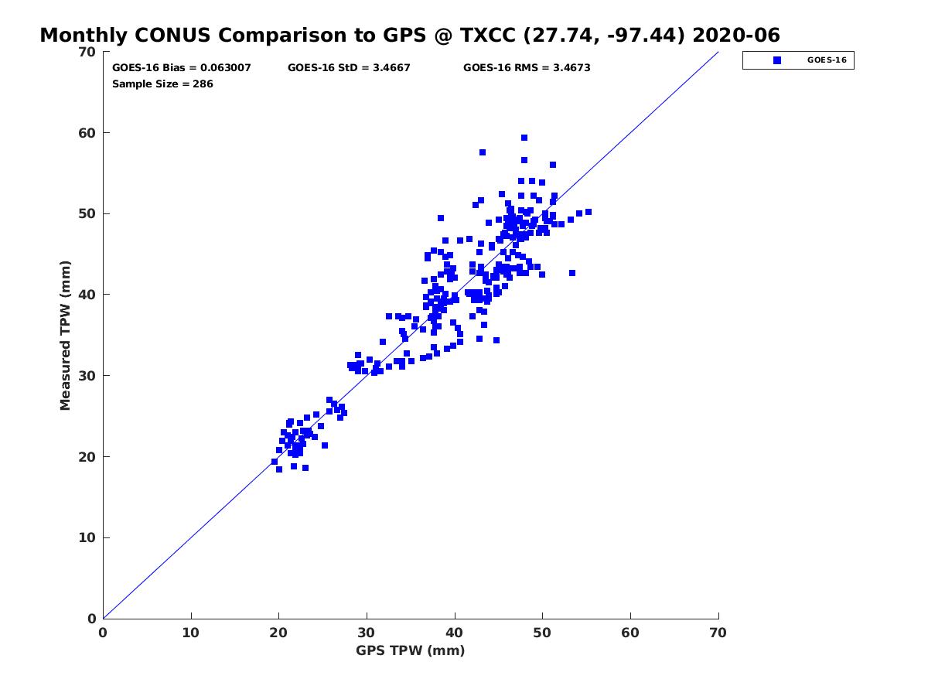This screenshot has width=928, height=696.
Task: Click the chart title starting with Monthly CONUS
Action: pos(409,36)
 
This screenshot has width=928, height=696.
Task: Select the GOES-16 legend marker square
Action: pos(776,60)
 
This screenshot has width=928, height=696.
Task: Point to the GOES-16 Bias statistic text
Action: pos(182,68)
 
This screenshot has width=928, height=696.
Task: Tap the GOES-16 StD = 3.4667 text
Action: pos(349,68)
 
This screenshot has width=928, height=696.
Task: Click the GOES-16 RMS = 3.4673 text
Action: pos(527,68)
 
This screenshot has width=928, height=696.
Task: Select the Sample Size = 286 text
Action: pos(162,84)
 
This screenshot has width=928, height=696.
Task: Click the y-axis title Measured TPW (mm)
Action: pos(65,335)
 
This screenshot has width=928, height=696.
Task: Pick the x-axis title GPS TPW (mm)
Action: pos(410,650)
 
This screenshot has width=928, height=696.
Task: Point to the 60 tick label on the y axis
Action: pos(87,133)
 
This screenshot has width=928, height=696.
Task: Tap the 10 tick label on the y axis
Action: pos(87,537)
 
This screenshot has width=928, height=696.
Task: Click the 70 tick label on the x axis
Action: pos(718,633)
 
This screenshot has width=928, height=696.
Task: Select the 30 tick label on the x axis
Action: pos(366,633)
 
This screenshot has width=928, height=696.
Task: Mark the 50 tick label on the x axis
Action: pos(541,633)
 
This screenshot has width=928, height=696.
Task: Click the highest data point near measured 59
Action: pos(524,138)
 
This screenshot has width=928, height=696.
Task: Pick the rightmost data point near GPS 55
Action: pos(588,212)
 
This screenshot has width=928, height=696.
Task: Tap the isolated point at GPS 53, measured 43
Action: pos(572,273)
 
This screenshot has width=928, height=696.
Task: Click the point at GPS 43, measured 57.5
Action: pos(483,152)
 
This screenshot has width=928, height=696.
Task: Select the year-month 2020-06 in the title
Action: pos(736,36)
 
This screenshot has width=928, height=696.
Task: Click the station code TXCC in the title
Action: pos(488,36)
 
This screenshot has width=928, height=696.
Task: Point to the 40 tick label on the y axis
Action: pos(87,295)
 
